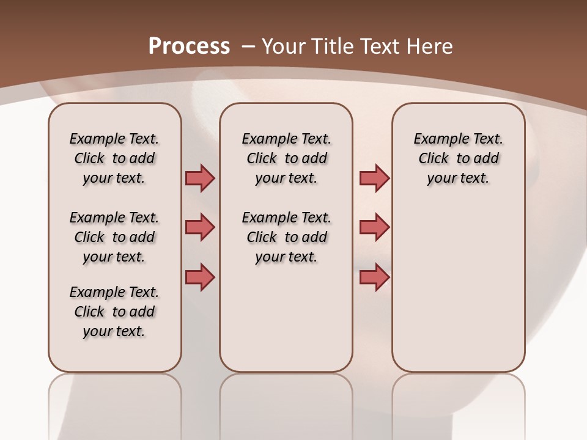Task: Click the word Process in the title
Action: point(189,46)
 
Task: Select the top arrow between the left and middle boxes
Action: point(200,178)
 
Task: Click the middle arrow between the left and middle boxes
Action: point(200,227)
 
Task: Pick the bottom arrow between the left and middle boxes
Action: point(200,277)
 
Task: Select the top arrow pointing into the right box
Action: point(374,178)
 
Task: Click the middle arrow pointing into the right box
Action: point(374,227)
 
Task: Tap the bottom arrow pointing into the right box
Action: point(374,277)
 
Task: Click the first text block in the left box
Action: point(114,158)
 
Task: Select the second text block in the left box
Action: point(114,237)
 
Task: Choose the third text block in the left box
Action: point(114,312)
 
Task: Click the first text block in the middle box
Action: point(286,158)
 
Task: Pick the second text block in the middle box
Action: point(286,237)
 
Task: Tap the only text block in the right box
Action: point(458,158)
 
